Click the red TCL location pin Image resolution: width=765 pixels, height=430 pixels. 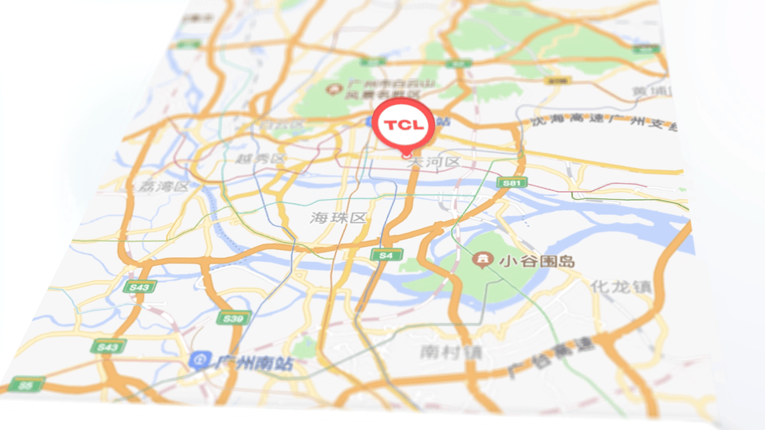tap(405, 125)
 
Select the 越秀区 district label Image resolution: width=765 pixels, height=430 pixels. tap(260, 159)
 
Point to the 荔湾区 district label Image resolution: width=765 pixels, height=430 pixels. tap(163, 186)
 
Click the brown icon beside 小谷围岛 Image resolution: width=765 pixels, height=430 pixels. tap(481, 259)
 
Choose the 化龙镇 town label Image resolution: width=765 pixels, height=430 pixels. tap(622, 287)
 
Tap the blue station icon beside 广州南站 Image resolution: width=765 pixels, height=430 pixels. tap(198, 362)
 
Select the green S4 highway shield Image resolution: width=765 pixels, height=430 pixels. tap(386, 255)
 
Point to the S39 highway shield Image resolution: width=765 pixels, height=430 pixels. tap(233, 319)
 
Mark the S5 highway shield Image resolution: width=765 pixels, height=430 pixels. tap(28, 385)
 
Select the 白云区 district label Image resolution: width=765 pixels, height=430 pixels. tap(284, 125)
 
